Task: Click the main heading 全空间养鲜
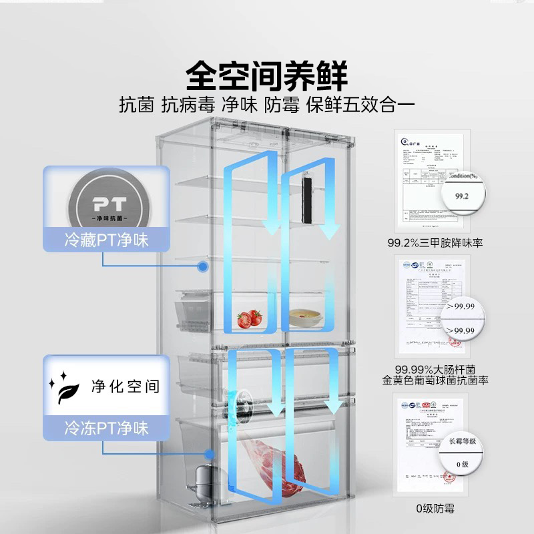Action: (267, 75)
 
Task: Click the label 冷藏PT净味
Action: (105, 239)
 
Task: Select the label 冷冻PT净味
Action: (105, 427)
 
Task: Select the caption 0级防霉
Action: (435, 509)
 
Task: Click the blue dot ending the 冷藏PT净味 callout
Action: (202, 265)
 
